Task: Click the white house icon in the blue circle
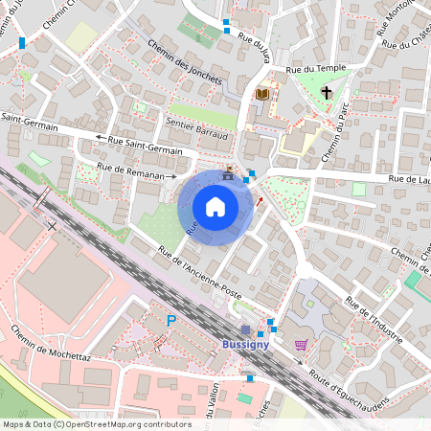(215, 206)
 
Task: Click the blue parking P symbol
(171, 321)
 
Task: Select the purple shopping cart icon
(301, 345)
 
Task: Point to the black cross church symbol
(327, 93)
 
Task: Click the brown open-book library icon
(261, 93)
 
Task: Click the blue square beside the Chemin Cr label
(21, 43)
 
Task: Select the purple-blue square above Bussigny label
(245, 329)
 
